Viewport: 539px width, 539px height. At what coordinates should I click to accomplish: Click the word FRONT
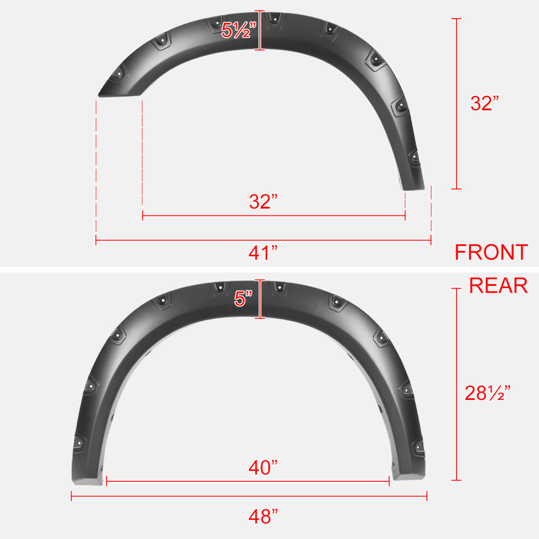click(x=491, y=252)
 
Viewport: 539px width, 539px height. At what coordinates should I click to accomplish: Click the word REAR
click(x=498, y=286)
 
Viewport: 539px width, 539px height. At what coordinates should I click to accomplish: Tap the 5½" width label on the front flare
click(x=239, y=30)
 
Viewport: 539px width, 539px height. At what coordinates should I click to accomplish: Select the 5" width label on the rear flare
click(x=243, y=299)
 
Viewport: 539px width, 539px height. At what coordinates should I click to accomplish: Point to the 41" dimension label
click(x=263, y=253)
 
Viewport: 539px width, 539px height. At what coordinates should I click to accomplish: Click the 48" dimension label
click(x=263, y=517)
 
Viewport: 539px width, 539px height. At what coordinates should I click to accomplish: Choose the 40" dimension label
click(x=263, y=467)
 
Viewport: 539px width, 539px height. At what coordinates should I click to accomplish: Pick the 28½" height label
click(x=488, y=393)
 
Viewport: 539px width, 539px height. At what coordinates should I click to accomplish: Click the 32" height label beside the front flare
click(x=484, y=103)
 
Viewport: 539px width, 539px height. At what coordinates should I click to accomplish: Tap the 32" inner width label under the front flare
click(x=263, y=202)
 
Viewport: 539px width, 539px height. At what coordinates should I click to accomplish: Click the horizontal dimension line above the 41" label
click(x=263, y=240)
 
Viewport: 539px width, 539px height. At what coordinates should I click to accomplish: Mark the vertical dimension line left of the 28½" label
click(x=456, y=384)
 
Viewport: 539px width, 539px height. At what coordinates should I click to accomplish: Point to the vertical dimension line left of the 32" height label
click(x=456, y=104)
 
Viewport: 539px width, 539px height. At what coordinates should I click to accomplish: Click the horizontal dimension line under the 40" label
click(x=248, y=481)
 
